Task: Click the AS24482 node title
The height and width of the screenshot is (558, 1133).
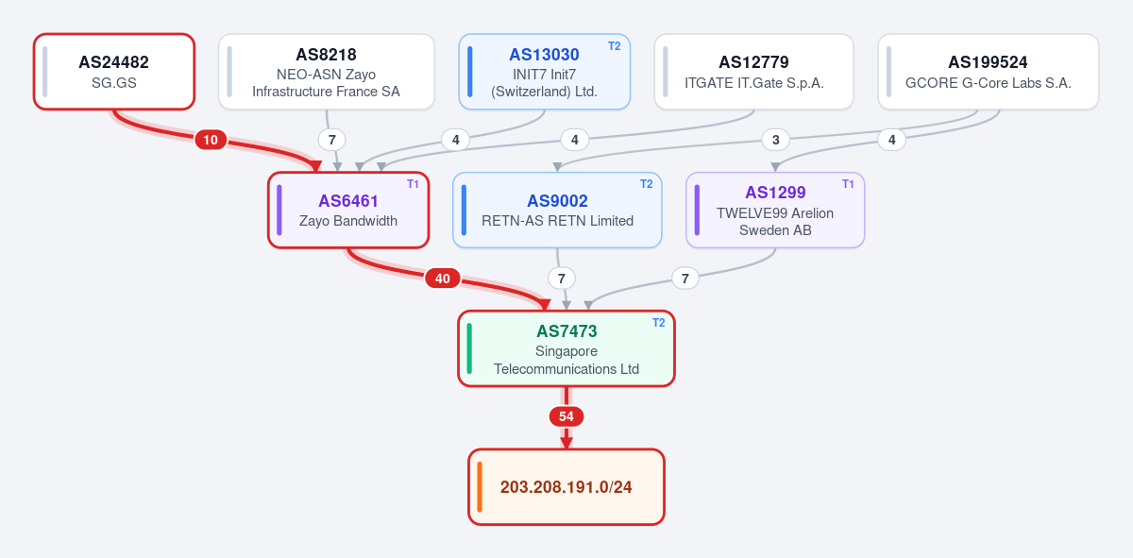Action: pos(114,62)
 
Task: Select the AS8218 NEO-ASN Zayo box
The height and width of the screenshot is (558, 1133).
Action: pos(327,72)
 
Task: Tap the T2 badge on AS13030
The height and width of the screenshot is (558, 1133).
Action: pos(614,46)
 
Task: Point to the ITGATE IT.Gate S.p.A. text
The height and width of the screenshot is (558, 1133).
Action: pos(754,83)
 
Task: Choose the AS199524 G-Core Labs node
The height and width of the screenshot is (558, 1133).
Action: pos(989,72)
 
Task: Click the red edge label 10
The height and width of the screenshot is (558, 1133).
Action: pos(211,140)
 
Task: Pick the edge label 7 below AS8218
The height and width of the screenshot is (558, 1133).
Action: pos(331,140)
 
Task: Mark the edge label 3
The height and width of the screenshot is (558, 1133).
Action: pos(775,140)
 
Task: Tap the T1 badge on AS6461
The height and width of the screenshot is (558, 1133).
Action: pos(413,184)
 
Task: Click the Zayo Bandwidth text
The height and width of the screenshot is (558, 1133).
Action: pos(348,221)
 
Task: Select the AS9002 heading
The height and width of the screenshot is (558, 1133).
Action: pos(557,201)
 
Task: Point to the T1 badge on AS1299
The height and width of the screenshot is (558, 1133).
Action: pos(848,184)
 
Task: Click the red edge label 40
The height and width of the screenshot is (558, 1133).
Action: pos(443,279)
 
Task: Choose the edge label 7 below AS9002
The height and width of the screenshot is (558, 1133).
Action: pos(562,279)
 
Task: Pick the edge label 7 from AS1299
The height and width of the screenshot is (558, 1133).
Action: pos(685,279)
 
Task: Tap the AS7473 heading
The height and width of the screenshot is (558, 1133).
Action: pos(566,331)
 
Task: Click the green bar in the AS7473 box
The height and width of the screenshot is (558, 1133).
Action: pos(469,348)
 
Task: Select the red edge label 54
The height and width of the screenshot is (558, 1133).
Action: pos(566,416)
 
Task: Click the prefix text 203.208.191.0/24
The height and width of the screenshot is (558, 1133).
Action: pos(566,487)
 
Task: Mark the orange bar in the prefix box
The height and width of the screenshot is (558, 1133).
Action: pos(480,487)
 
